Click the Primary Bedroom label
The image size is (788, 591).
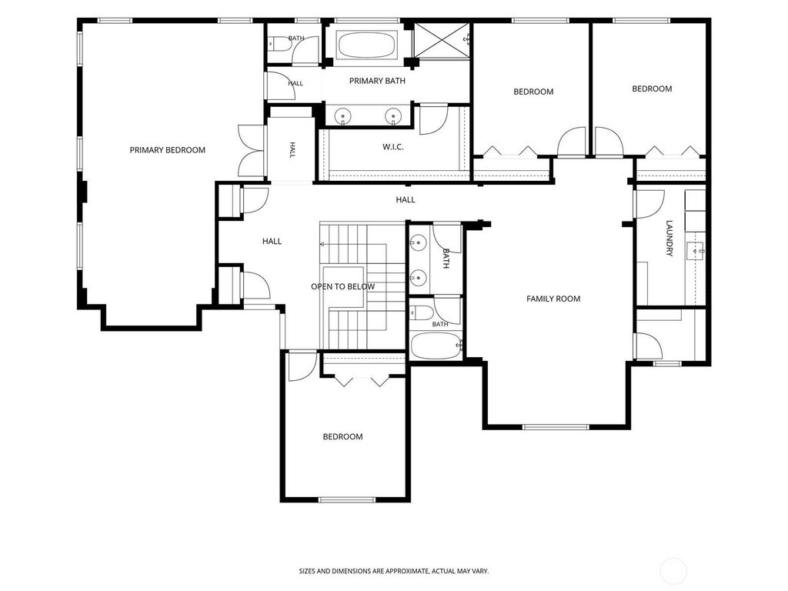point(167,150)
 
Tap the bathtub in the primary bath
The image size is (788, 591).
point(366,45)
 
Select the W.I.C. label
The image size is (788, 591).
point(393,147)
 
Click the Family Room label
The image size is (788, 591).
point(553,299)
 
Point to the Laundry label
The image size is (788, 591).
point(669,239)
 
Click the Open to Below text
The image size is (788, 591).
point(342,286)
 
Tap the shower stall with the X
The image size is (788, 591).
point(442,41)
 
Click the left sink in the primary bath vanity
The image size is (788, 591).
point(343,115)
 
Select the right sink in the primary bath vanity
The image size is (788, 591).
point(393,115)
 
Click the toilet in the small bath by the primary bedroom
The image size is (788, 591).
point(279,45)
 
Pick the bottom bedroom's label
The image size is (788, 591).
point(342,437)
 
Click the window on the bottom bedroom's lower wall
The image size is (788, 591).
point(347,499)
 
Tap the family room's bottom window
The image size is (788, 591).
point(556,427)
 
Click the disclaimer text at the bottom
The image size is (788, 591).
point(394,571)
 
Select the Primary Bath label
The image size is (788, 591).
point(377,81)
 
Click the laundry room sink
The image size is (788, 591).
point(696,249)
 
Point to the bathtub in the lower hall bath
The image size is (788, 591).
point(436,346)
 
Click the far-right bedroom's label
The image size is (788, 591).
point(652,89)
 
